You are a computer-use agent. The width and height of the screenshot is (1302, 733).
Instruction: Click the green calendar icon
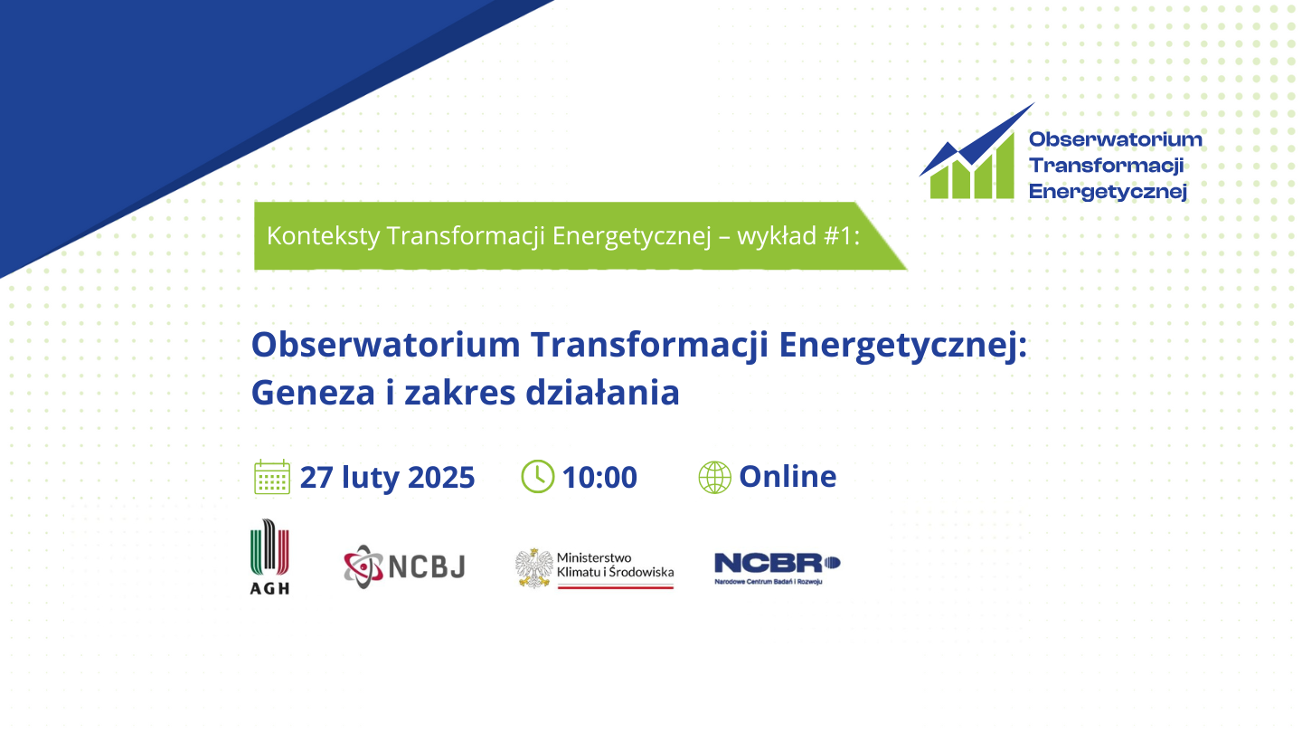[x=272, y=477]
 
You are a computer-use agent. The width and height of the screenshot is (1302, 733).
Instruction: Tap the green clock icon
[x=538, y=476]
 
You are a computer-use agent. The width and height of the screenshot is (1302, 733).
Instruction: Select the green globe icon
[x=715, y=478]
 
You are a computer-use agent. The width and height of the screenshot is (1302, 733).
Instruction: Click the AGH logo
[x=269, y=557]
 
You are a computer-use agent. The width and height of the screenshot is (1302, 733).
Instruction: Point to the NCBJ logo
[x=404, y=566]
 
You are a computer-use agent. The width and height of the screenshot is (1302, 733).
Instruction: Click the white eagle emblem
[x=533, y=567]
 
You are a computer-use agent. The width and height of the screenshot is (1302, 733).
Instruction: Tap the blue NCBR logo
[x=778, y=568]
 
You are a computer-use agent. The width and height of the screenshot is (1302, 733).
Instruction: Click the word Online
[x=788, y=476]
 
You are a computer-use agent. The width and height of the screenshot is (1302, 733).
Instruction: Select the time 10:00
[x=599, y=478]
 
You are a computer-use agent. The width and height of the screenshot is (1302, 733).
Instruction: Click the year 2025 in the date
[x=441, y=478]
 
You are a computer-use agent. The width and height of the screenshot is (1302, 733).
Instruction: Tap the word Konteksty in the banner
[x=323, y=236]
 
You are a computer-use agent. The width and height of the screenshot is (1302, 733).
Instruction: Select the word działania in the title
[x=603, y=392]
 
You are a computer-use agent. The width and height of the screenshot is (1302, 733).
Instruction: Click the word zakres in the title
[x=459, y=393]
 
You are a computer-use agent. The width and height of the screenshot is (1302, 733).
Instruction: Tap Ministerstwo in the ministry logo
[x=594, y=557]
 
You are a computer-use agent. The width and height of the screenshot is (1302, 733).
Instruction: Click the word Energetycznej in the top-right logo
[x=1108, y=192]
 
